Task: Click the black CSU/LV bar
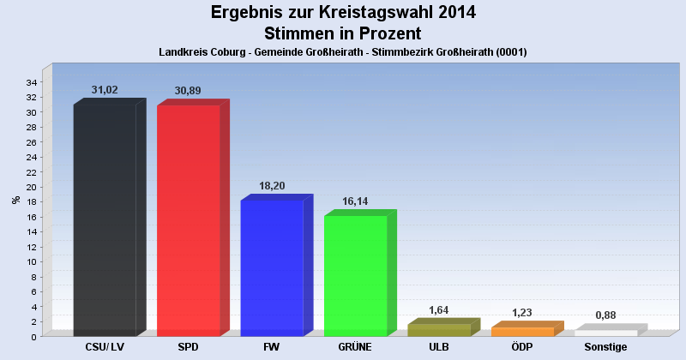tap(105, 220)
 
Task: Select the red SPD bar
tap(188, 220)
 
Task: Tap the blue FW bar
tap(272, 267)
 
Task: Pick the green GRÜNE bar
tap(355, 275)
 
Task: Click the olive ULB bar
tap(439, 330)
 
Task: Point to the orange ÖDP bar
tap(522, 332)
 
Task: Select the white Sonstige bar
tap(605, 333)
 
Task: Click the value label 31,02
tap(105, 90)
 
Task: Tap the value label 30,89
tap(188, 91)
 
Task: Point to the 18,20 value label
tap(272, 185)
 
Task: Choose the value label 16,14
tap(355, 201)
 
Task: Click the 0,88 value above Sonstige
tap(605, 315)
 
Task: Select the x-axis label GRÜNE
tap(355, 347)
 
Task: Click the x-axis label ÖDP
tap(522, 347)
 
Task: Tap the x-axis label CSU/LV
tap(105, 347)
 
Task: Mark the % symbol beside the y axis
tap(15, 201)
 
